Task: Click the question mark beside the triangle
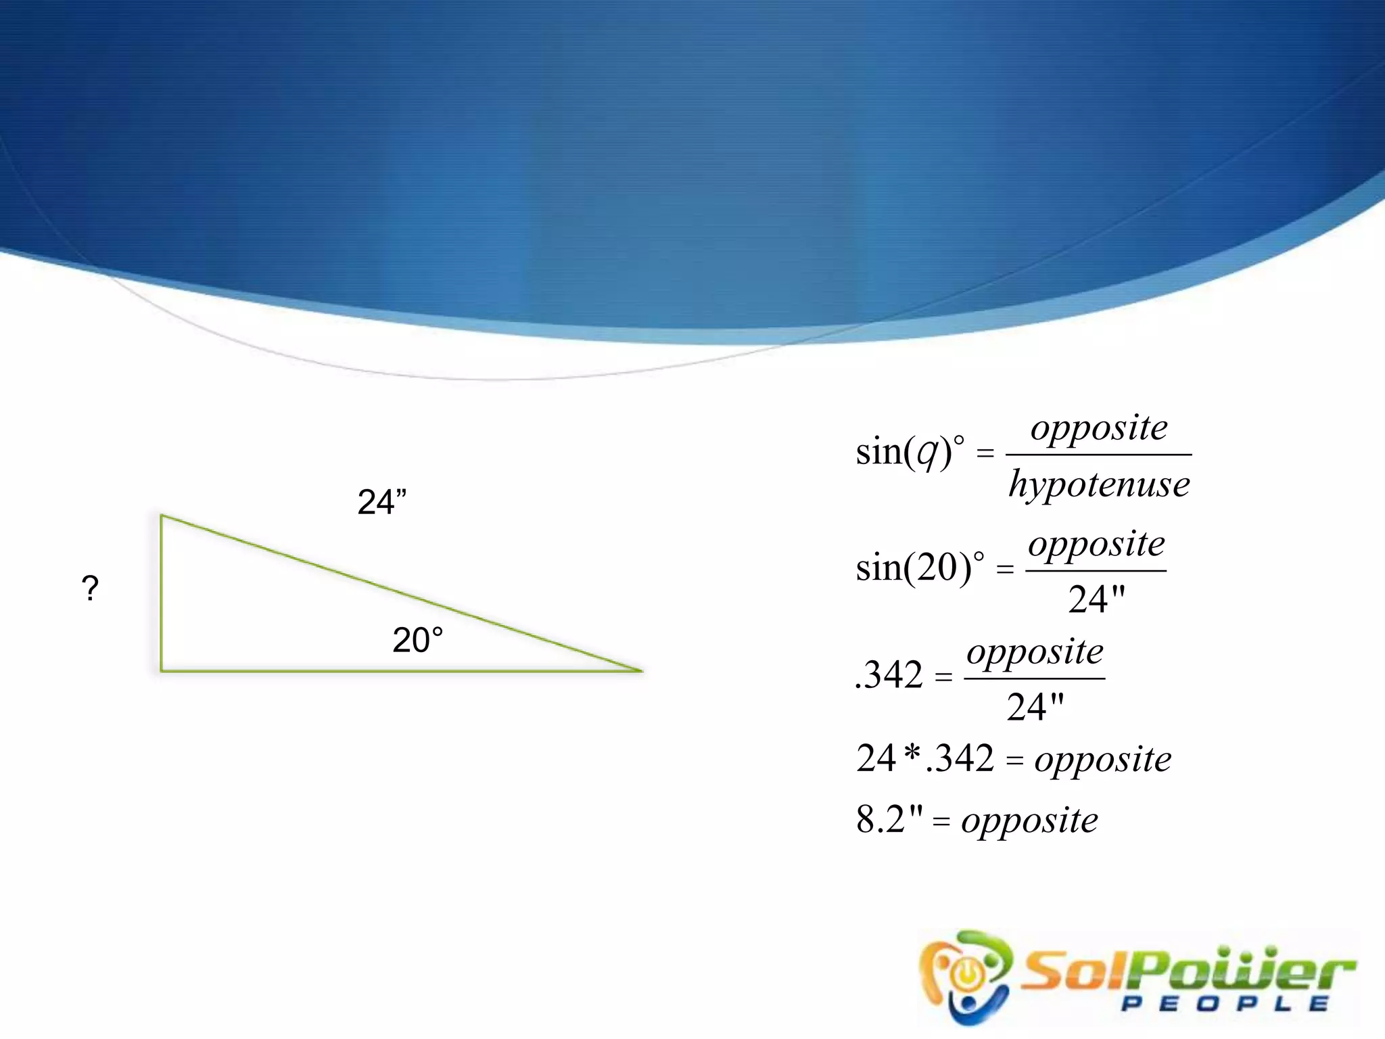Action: click(90, 588)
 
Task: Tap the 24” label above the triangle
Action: click(381, 503)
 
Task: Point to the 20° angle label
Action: click(417, 640)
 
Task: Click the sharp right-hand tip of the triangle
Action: click(640, 670)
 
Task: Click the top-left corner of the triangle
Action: click(162, 516)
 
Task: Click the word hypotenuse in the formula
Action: click(1099, 485)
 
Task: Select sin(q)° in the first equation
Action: click(910, 452)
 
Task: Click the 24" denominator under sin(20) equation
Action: click(1096, 599)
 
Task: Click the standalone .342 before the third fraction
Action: click(889, 675)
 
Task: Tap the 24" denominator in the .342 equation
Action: click(1035, 708)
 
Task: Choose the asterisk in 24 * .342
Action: click(912, 754)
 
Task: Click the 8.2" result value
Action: click(889, 820)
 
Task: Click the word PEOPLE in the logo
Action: click(1224, 1004)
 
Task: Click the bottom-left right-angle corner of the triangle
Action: click(162, 670)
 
